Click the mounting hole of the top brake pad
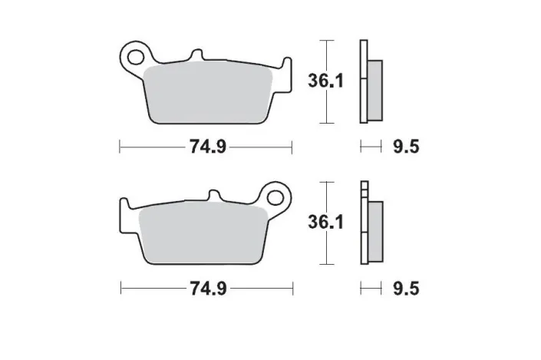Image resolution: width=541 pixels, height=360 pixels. (137, 55)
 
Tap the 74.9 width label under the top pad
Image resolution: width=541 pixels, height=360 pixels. (206, 146)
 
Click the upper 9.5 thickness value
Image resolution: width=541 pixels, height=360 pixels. (404, 146)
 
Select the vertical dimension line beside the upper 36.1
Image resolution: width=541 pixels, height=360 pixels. (328, 81)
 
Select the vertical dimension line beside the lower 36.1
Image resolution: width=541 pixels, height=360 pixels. (328, 223)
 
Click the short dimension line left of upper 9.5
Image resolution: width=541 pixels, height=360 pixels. (371, 145)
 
